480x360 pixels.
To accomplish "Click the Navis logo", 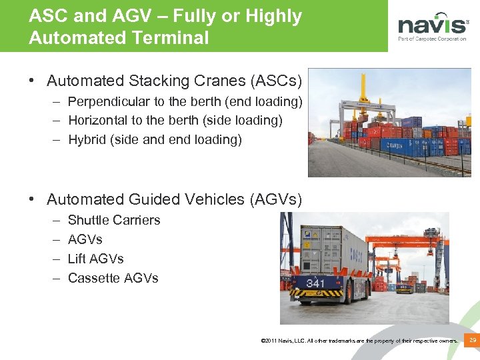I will [x=433, y=25].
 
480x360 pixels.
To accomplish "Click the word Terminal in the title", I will [x=173, y=38].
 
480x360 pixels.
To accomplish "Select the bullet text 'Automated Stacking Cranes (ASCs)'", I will [x=174, y=81].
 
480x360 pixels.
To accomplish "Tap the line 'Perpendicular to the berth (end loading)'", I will [x=185, y=102].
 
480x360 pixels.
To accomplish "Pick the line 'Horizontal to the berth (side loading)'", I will [x=175, y=121].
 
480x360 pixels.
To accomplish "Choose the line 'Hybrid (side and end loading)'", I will [x=155, y=139].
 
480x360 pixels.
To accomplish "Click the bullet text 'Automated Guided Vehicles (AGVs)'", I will [x=174, y=199].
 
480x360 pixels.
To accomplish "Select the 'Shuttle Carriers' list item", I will [x=114, y=220].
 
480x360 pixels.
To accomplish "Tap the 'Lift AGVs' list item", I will [x=96, y=259].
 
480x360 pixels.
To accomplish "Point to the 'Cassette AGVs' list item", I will [x=113, y=278].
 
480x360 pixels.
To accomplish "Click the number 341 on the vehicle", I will [x=315, y=283].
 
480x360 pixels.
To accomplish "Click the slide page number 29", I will [x=473, y=341].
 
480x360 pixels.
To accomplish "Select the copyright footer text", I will [x=360, y=341].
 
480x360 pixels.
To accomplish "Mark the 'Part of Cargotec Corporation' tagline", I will [x=432, y=39].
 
